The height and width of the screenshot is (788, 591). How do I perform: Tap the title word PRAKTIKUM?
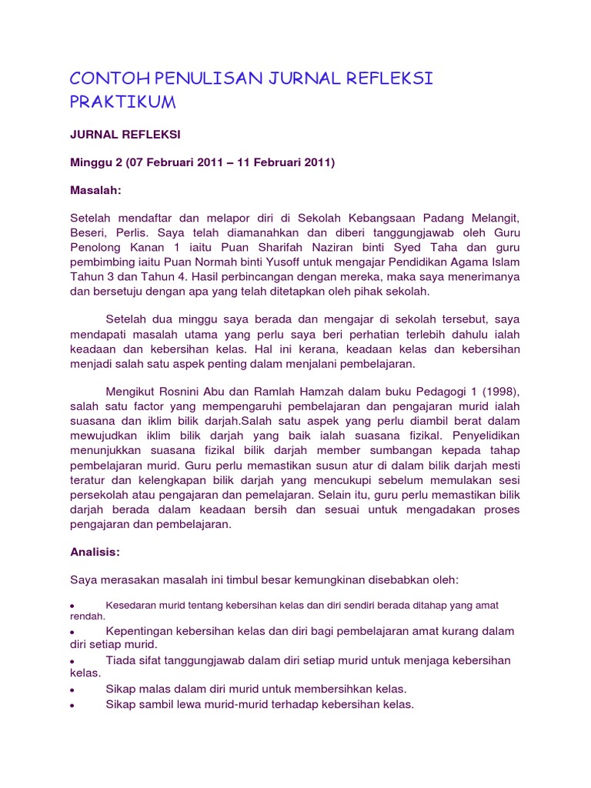click(x=123, y=102)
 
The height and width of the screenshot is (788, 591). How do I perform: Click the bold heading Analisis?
click(x=95, y=552)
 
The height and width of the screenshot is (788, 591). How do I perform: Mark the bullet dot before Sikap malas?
click(x=72, y=689)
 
